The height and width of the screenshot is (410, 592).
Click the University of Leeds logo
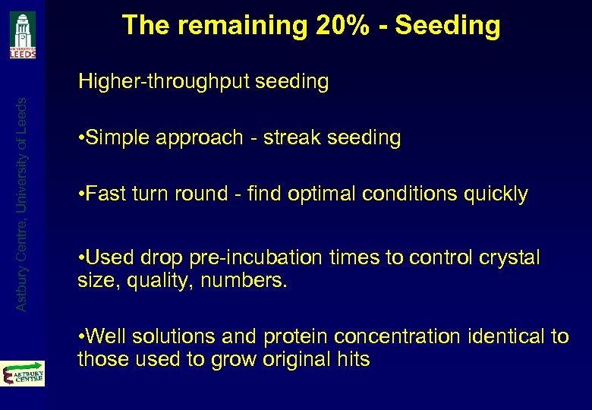22,34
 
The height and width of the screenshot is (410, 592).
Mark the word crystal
505,258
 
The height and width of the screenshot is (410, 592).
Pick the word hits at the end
353,359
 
